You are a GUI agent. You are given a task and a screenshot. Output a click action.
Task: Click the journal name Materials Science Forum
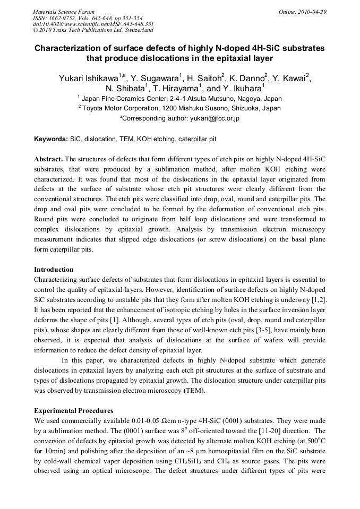point(64,12)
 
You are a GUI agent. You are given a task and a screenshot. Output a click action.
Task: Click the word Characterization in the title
point(67,48)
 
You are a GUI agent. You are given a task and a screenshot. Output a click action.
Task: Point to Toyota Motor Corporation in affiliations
point(120,108)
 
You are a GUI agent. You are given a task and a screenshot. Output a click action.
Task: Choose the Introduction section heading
point(54,270)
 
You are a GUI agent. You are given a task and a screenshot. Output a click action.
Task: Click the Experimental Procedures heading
point(73,411)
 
